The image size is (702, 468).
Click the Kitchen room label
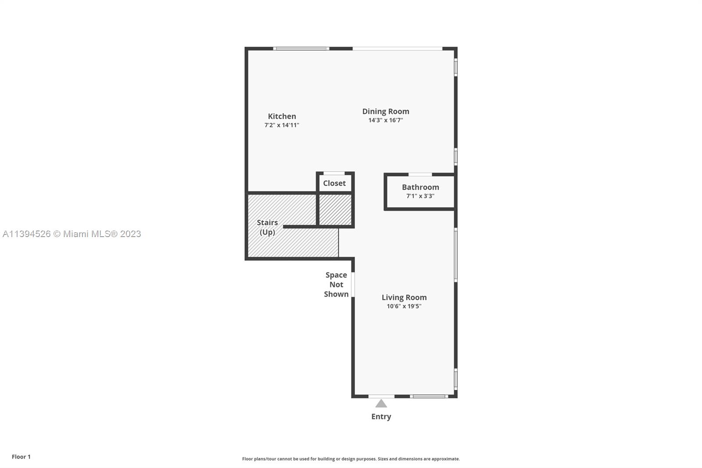click(282, 116)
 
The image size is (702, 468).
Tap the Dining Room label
click(386, 112)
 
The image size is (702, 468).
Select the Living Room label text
click(404, 297)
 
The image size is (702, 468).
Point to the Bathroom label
click(420, 187)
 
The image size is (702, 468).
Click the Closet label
click(334, 183)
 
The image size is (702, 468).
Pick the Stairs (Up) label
click(267, 227)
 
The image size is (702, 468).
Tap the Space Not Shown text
click(336, 284)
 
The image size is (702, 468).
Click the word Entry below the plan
click(381, 417)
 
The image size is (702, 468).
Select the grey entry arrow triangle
click(381, 404)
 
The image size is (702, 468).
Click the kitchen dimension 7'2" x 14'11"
click(282, 125)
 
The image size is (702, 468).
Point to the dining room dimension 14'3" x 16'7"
click(386, 120)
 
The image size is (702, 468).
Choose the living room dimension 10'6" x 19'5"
click(404, 306)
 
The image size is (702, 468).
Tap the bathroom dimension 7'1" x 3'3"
click(420, 196)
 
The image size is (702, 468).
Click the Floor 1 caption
click(21, 457)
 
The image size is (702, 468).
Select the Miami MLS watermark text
click(72, 234)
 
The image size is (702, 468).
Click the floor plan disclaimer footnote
click(351, 459)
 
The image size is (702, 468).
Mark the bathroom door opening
click(420, 174)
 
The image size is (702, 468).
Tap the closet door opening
click(334, 173)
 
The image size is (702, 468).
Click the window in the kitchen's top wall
click(301, 49)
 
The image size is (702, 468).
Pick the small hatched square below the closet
click(335, 209)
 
